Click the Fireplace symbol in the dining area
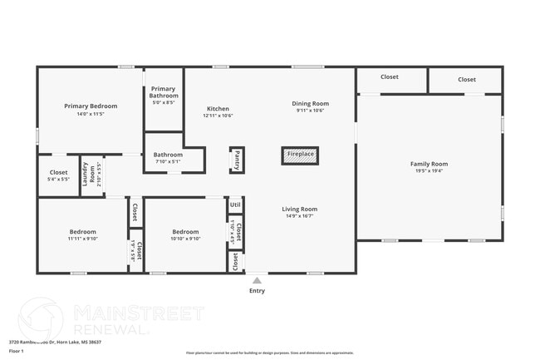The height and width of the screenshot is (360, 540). [301, 155]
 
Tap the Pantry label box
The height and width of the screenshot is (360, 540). [237, 160]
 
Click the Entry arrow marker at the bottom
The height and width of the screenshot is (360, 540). [257, 280]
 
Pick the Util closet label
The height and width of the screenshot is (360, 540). [235, 205]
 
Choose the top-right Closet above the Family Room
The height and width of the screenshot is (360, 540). [466, 79]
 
